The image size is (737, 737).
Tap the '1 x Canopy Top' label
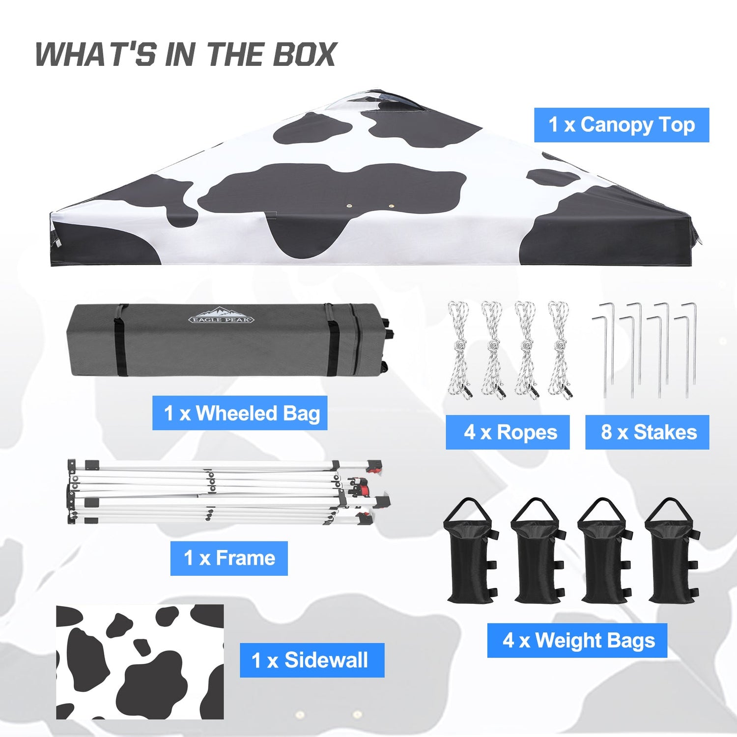(622, 125)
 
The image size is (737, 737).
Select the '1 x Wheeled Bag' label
(240, 413)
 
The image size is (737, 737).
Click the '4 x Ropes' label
(508, 432)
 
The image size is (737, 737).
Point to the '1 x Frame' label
(229, 558)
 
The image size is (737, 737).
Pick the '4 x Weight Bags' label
(577, 640)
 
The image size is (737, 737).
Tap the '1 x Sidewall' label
(312, 660)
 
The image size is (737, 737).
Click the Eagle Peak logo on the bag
(222, 315)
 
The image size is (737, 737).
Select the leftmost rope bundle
(459, 350)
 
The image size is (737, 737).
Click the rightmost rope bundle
(560, 350)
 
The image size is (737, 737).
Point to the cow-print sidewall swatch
(140, 662)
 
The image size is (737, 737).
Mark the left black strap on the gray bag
(120, 340)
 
